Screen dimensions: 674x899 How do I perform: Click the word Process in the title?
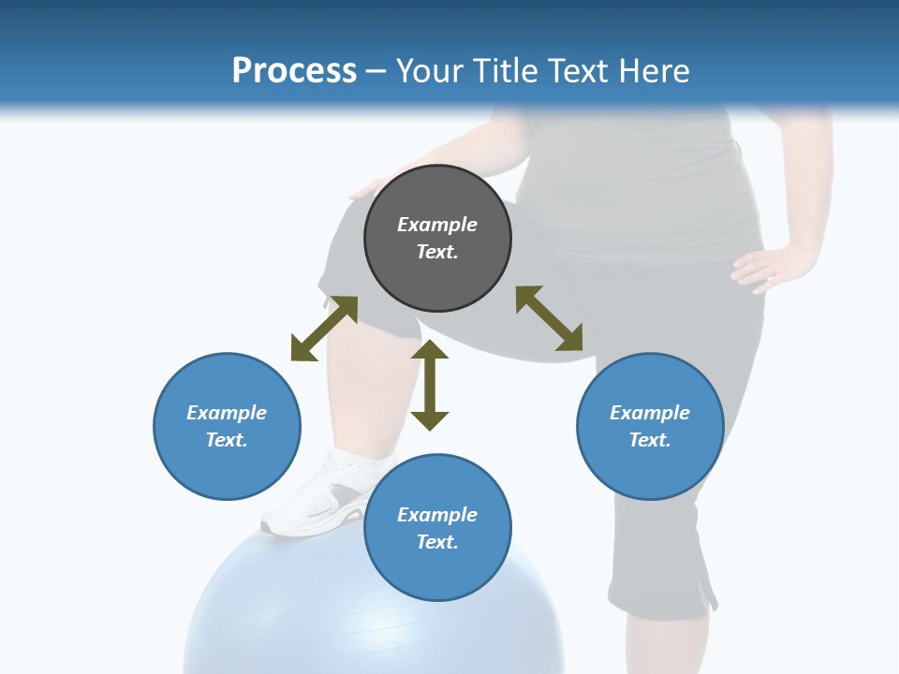(x=294, y=70)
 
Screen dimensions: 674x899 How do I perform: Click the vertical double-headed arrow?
(x=430, y=385)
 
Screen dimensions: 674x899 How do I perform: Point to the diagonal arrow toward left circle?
(x=324, y=329)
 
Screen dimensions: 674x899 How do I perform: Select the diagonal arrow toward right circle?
(x=550, y=318)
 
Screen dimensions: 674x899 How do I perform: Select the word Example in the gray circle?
(x=437, y=225)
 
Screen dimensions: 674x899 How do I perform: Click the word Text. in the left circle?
(x=227, y=440)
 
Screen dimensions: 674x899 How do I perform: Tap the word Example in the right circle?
(x=650, y=413)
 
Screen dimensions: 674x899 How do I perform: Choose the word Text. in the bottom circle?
(x=437, y=542)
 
